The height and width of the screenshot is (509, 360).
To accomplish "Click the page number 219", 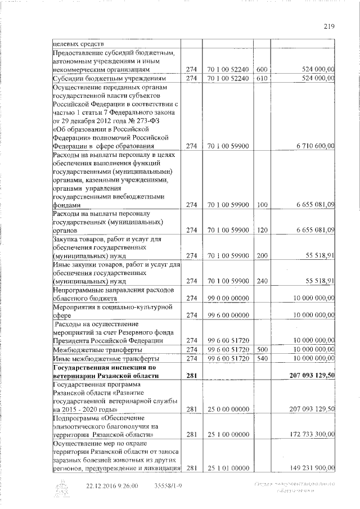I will [x=330, y=24].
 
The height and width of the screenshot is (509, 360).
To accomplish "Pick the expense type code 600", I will [x=261, y=70].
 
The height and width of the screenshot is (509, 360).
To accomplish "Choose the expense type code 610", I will [x=261, y=78].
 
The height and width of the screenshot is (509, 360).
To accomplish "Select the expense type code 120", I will [x=261, y=230].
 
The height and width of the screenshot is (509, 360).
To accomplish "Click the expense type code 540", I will [x=261, y=358].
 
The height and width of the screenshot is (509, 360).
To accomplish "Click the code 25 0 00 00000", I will [x=227, y=409].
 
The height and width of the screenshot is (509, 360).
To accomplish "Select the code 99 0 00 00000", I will [x=227, y=298].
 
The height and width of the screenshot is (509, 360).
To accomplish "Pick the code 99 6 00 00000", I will [x=227, y=316].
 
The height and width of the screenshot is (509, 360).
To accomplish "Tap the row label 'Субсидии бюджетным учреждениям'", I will [x=98, y=78].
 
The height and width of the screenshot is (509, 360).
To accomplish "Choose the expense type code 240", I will [x=261, y=281].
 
